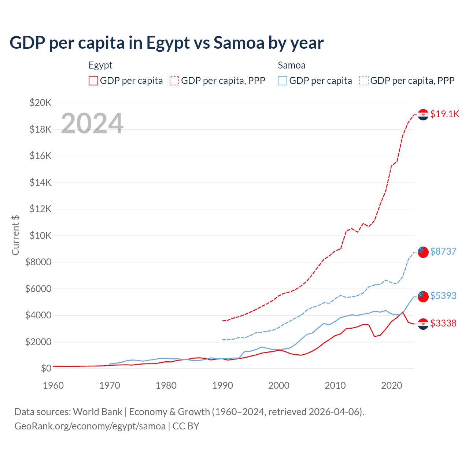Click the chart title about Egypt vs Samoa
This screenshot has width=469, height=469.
click(x=167, y=43)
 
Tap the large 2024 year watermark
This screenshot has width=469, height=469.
click(x=92, y=123)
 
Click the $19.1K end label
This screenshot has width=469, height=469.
click(x=444, y=114)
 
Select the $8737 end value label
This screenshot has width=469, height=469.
click(x=443, y=251)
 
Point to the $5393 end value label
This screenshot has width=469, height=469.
click(x=443, y=296)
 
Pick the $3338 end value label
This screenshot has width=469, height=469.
click(x=443, y=323)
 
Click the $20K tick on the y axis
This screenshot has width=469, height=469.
click(x=40, y=103)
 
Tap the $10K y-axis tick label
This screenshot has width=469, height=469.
click(x=40, y=236)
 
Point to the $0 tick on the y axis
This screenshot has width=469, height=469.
click(x=46, y=368)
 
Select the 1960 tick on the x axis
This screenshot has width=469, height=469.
click(x=53, y=385)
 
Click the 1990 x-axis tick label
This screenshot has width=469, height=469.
click(x=222, y=385)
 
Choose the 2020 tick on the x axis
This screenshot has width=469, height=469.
click(x=392, y=385)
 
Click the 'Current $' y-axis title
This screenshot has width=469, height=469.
click(x=15, y=235)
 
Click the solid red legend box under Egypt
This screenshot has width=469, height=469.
click(x=93, y=81)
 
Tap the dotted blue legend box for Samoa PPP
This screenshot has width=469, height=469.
click(x=364, y=81)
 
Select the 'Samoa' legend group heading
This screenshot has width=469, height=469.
click(x=291, y=65)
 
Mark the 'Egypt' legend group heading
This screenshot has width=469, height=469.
click(x=100, y=65)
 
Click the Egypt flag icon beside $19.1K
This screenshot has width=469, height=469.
click(x=423, y=115)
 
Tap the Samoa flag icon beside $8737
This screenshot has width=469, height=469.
click(x=423, y=252)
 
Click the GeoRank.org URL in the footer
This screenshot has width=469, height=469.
click(x=90, y=426)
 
